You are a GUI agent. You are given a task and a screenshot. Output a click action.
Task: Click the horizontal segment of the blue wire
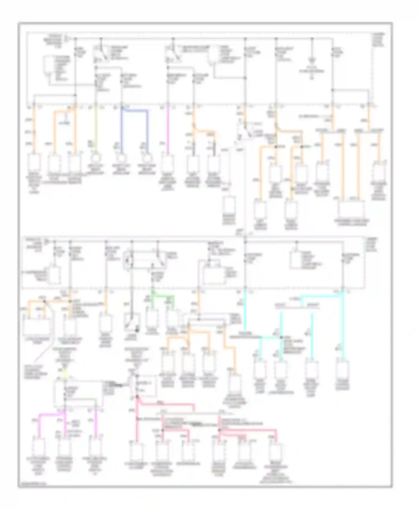click(135, 110)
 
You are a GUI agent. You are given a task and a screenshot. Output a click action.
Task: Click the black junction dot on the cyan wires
click(281, 338)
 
